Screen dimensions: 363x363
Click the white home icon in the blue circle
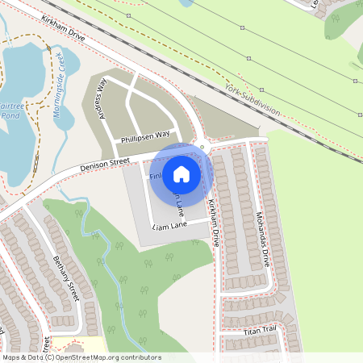(x=181, y=174)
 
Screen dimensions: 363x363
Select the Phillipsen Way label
(x=145, y=137)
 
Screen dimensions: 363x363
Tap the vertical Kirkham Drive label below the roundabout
(x=214, y=222)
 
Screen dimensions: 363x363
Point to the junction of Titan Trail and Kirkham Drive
(x=218, y=331)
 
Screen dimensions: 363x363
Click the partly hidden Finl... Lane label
(x=156, y=175)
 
